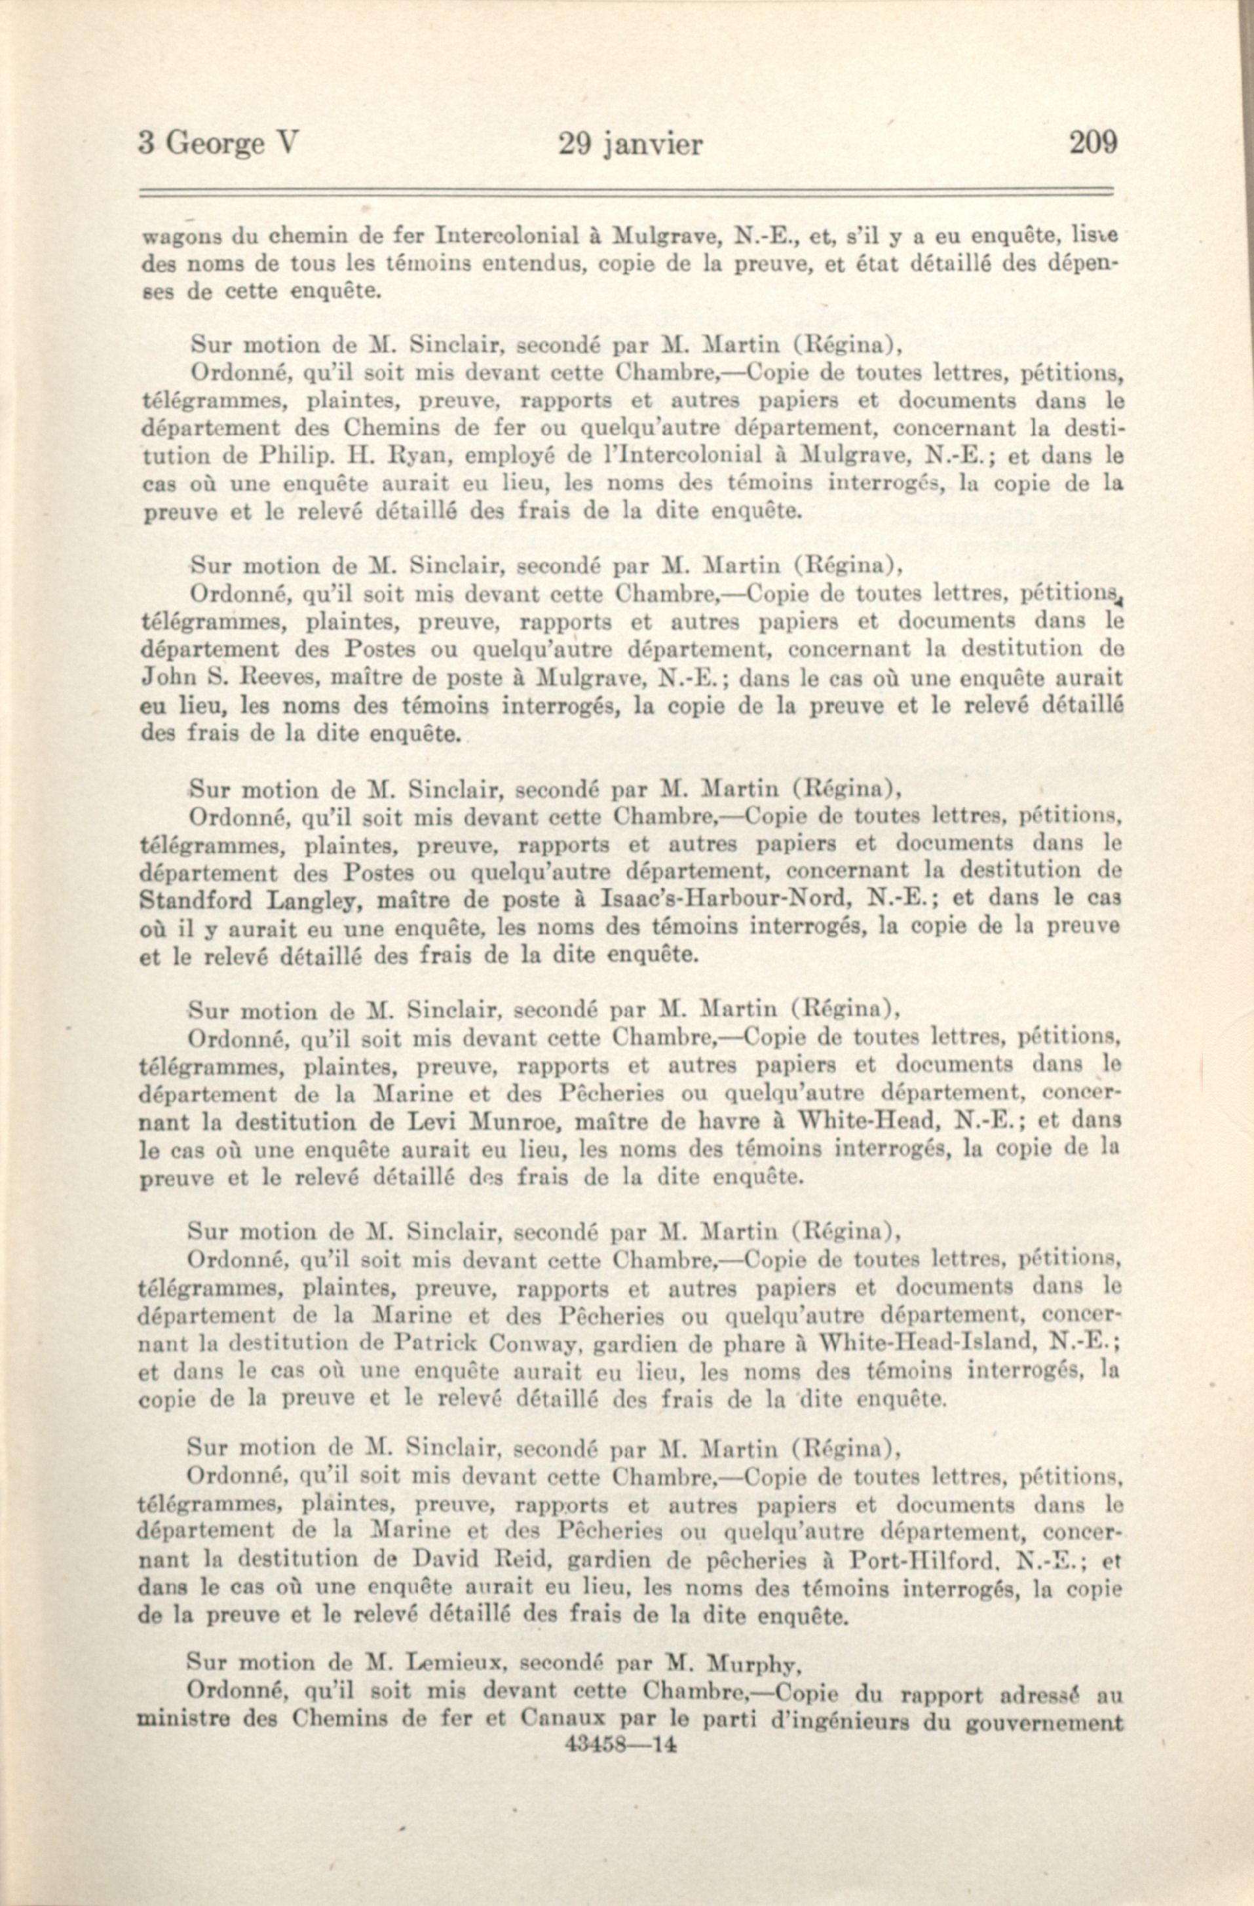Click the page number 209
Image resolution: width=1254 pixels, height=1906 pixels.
[1092, 144]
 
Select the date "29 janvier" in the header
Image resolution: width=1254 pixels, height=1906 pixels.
[630, 144]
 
